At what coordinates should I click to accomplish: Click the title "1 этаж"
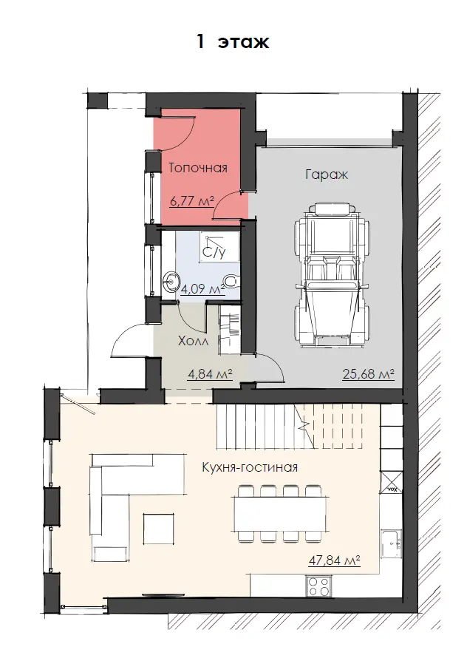coord(233,41)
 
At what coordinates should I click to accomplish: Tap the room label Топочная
coord(198,168)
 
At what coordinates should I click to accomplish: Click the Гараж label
coord(327,174)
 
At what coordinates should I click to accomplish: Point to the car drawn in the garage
coord(333,275)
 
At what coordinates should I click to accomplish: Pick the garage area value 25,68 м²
coord(369,373)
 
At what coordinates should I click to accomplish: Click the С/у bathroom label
coord(214,252)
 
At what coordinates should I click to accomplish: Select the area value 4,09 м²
coord(202,290)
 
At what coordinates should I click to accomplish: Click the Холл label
coord(193,341)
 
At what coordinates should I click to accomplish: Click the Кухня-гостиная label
coord(250,467)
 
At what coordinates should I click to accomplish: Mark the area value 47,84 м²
coord(334,560)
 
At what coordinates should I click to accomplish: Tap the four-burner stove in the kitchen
coord(318,586)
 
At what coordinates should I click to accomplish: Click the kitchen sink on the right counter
coord(392,543)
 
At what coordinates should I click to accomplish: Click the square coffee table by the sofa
coord(158,528)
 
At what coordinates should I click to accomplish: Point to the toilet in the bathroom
coord(231,280)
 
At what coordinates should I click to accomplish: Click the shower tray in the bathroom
coord(219,245)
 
